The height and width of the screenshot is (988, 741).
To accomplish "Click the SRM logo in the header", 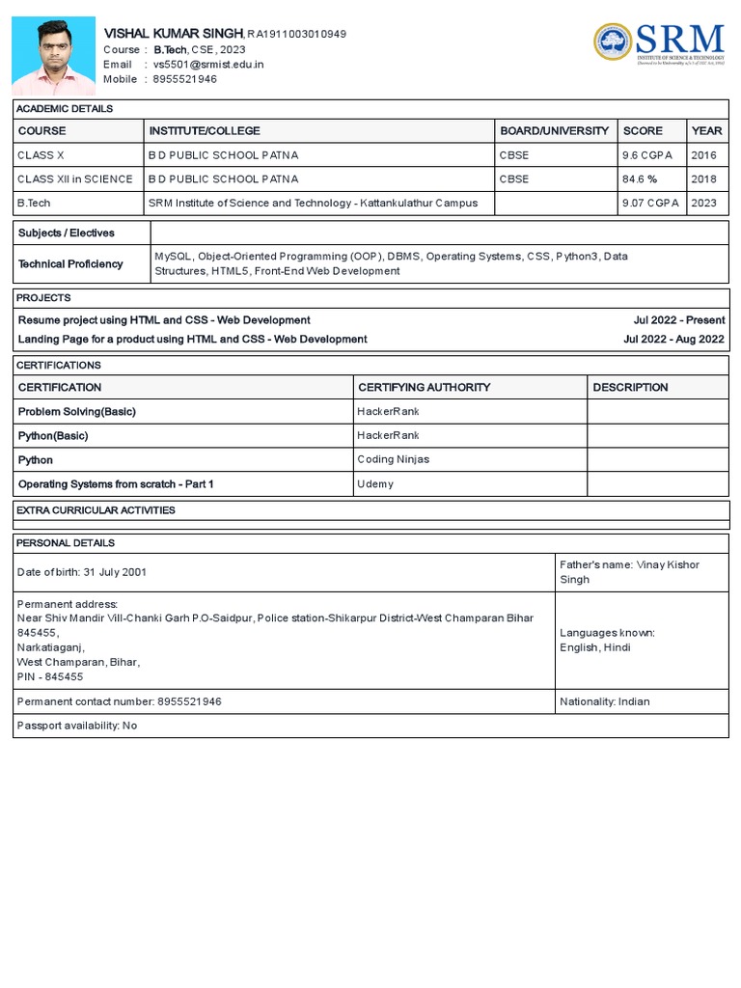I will pos(659,43).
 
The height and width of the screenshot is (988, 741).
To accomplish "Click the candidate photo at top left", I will pos(53,55).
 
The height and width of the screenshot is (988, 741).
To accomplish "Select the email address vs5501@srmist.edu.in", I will pos(207,65).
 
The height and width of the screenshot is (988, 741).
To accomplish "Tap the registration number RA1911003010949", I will pos(297,35).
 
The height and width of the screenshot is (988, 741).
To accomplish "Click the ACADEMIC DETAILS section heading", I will pos(65,109).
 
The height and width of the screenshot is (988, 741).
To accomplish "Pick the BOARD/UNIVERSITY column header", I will pos(554,130).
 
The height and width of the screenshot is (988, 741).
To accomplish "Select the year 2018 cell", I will pos(704,178).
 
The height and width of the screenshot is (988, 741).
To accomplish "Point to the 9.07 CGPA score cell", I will pos(650,203).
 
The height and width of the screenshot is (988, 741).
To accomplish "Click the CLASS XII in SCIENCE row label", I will pos(75,178).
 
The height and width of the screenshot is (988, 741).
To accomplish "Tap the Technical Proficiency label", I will pos(70,263).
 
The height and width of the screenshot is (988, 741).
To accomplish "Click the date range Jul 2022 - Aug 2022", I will pos(674,339).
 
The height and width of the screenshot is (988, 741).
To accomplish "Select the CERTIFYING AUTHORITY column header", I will pos(424,387).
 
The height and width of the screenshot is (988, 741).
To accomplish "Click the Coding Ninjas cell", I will pos(394,459).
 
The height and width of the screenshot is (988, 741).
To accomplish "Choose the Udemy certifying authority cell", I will pos(375,483).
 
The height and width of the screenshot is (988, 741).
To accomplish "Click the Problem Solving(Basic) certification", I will pos(77,411).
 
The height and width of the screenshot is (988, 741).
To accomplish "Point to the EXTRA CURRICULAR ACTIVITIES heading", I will pos(96,509).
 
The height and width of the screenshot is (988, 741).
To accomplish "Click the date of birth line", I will pos(82,572).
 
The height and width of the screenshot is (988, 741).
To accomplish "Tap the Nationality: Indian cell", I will pos(605,701).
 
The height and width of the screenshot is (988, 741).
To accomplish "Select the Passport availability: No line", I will pos(77,725).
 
